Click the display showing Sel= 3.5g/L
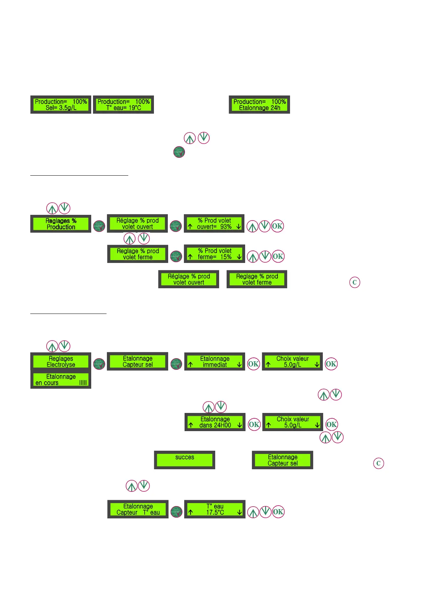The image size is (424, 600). tap(61, 105)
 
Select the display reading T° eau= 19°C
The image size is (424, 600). tap(123, 105)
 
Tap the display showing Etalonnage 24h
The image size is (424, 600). tap(259, 105)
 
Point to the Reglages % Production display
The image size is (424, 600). tap(61, 224)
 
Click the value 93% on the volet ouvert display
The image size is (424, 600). tap(226, 227)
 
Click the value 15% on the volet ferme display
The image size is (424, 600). tap(226, 257)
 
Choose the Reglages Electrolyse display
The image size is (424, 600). tap(61, 362)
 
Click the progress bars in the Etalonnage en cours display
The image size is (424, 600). tap(83, 383)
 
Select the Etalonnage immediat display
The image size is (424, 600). tap(214, 362)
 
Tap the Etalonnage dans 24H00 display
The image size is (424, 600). tap(215, 422)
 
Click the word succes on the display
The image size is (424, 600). tap(185, 457)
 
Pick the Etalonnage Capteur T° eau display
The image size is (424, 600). tap(138, 510)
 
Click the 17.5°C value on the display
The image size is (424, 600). tap(215, 512)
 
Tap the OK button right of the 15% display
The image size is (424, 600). tap(278, 256)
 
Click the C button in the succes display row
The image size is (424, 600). tap(378, 463)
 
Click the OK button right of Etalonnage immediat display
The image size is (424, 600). tap(253, 364)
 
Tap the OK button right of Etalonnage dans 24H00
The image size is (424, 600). tap(254, 424)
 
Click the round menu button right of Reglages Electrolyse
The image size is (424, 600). tap(99, 364)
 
